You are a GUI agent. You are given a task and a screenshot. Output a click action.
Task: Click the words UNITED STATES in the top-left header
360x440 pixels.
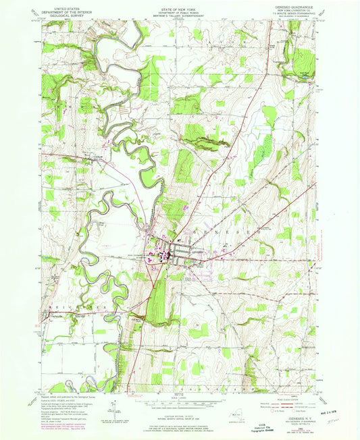pos(63,5)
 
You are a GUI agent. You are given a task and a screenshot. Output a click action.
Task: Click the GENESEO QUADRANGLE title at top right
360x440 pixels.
pos(295,5)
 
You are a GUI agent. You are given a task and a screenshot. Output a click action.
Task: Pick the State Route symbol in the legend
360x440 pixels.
pos(301,413)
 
